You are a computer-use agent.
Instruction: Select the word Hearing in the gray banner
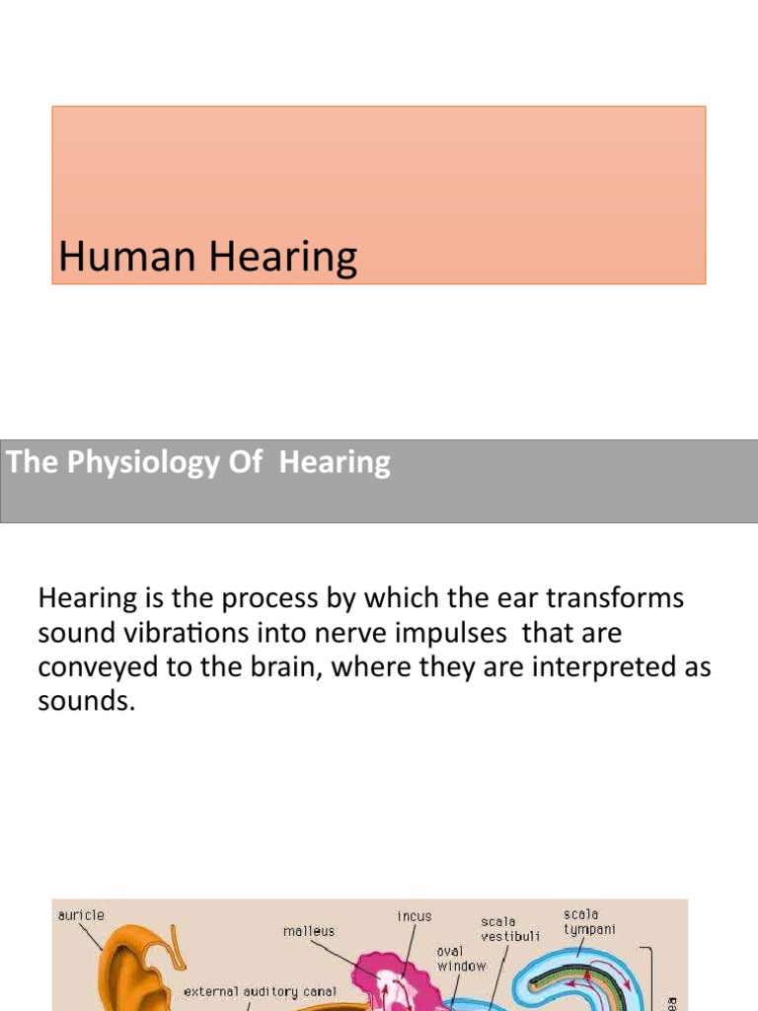[335, 463]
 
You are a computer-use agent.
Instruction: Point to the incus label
[414, 916]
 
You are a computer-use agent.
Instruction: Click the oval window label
[462, 959]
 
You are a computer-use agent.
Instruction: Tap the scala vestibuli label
[509, 929]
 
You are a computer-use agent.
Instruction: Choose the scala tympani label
[583, 922]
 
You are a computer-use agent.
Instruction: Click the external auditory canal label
[261, 991]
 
